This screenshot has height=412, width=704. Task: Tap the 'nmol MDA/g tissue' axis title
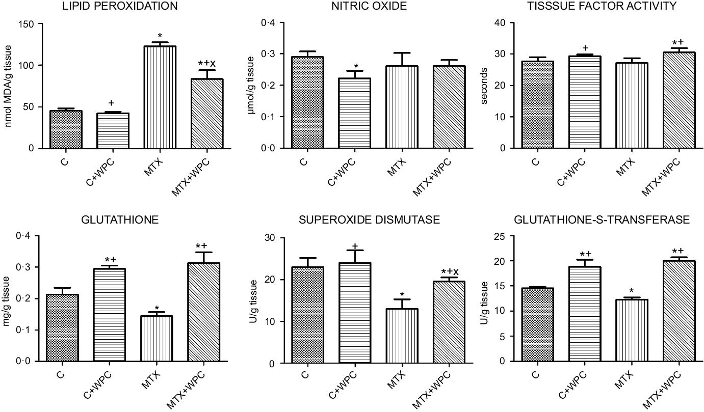point(9,85)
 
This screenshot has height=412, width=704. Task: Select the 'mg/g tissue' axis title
point(9,298)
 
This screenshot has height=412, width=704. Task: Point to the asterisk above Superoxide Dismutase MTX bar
point(402,294)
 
